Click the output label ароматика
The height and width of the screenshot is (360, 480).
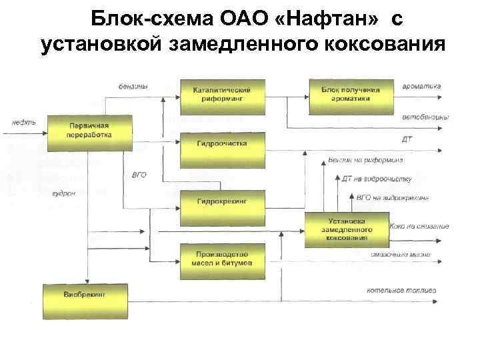tap(422, 87)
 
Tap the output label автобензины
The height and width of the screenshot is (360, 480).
tap(425, 118)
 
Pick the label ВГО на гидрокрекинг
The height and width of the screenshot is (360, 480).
tap(392, 198)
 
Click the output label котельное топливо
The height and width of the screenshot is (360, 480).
tap(401, 290)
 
